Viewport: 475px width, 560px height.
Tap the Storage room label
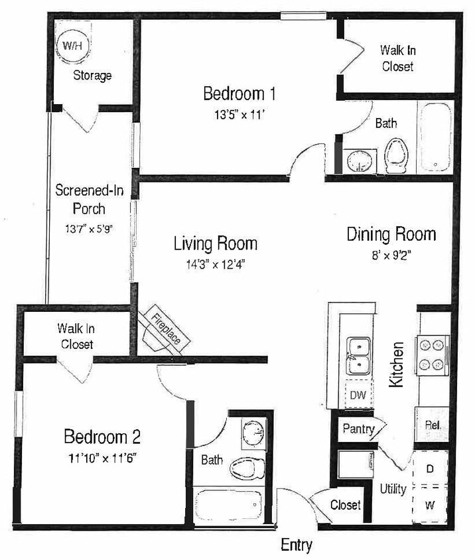[x=92, y=75]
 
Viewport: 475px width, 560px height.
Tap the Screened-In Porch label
[x=80, y=199]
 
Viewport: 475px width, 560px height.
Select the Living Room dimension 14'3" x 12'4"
[x=216, y=264]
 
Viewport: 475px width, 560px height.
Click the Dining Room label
[x=391, y=234]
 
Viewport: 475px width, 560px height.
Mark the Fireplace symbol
[x=167, y=329]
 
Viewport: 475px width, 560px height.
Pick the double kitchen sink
[x=359, y=356]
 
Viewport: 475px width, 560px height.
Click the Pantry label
[x=359, y=429]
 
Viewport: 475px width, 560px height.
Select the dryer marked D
[x=430, y=468]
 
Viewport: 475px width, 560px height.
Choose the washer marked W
[x=430, y=505]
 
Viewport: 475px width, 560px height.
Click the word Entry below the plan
[x=296, y=545]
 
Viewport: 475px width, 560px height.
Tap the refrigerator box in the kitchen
[x=431, y=425]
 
